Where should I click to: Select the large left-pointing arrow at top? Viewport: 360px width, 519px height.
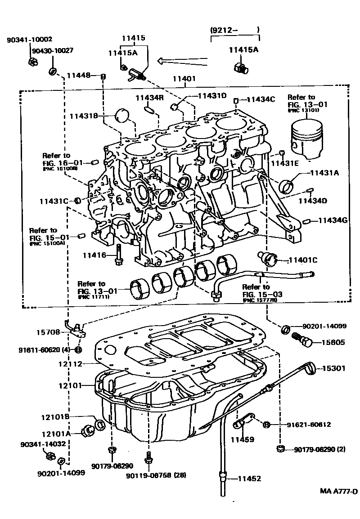click(x=182, y=60)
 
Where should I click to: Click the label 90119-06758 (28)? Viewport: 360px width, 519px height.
click(x=156, y=475)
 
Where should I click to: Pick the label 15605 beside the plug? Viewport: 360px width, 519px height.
click(x=333, y=342)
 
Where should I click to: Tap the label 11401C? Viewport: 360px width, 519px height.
click(x=303, y=259)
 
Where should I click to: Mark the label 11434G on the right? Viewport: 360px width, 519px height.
click(x=333, y=220)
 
